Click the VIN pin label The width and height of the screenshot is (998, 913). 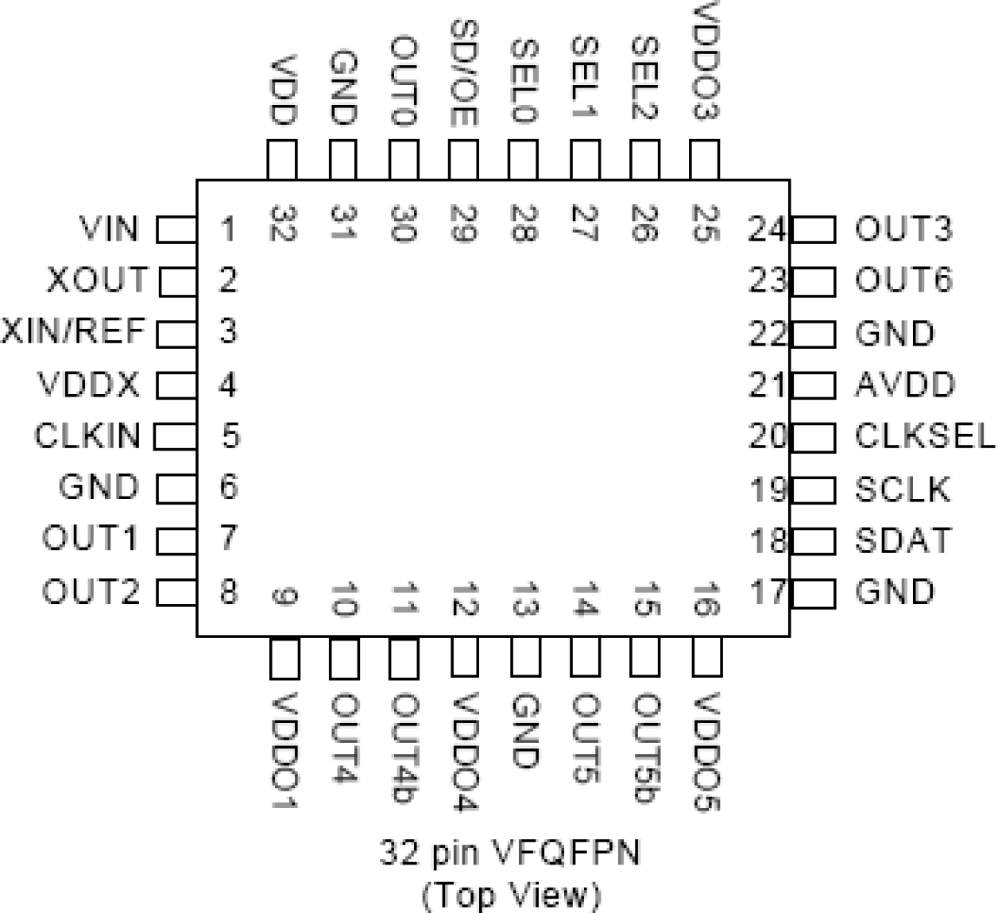(109, 229)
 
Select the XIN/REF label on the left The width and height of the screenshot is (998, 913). (74, 331)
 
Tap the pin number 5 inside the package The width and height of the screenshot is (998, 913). (230, 436)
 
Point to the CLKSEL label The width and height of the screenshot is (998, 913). (924, 436)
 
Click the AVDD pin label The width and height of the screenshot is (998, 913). (904, 385)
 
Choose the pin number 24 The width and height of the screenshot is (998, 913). (767, 230)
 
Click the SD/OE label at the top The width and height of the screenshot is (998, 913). (463, 72)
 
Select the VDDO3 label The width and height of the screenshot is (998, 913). (705, 61)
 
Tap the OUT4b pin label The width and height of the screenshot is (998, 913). (404, 748)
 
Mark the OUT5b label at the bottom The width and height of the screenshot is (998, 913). (645, 748)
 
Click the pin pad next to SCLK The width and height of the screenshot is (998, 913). (814, 490)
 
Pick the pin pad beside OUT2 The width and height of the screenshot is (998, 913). (176, 593)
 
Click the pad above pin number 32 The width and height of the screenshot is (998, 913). (282, 160)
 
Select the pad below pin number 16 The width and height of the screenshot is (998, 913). (706, 658)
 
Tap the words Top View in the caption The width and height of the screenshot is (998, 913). (510, 895)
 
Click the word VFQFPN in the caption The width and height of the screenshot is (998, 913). (567, 853)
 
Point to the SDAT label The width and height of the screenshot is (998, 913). (903, 541)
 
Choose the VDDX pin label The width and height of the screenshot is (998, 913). (88, 385)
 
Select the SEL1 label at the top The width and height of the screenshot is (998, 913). (584, 78)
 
